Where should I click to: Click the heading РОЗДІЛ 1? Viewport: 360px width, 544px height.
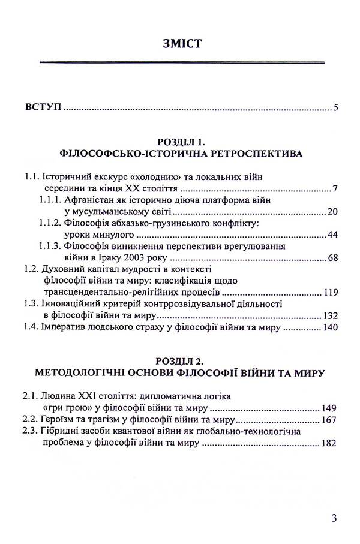tap(181, 142)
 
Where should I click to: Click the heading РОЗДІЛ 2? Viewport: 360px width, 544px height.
tap(181, 362)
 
